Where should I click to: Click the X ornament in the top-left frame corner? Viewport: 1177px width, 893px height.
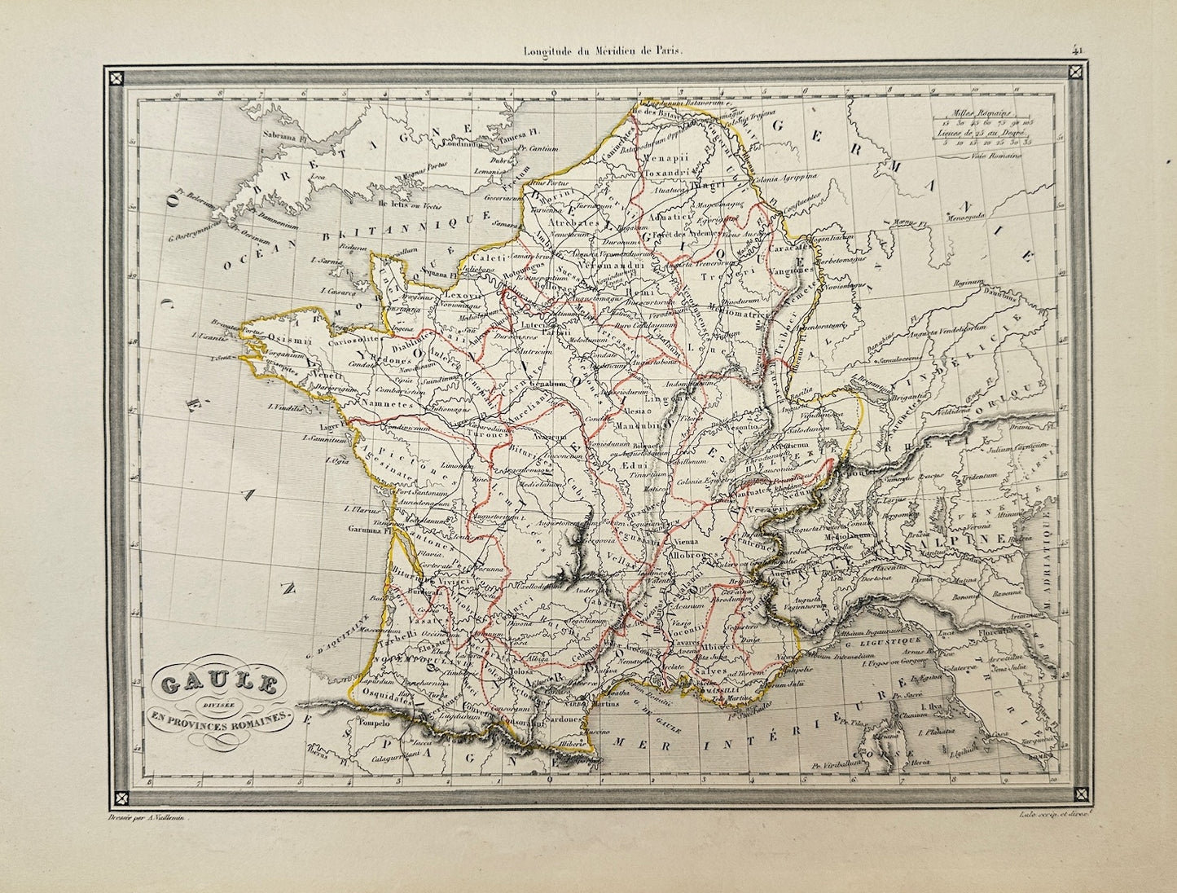(117, 79)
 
